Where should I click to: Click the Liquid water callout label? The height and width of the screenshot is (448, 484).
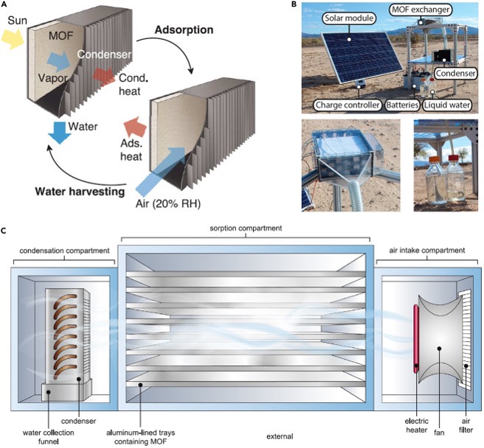454,105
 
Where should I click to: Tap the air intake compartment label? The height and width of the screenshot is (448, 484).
421,251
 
